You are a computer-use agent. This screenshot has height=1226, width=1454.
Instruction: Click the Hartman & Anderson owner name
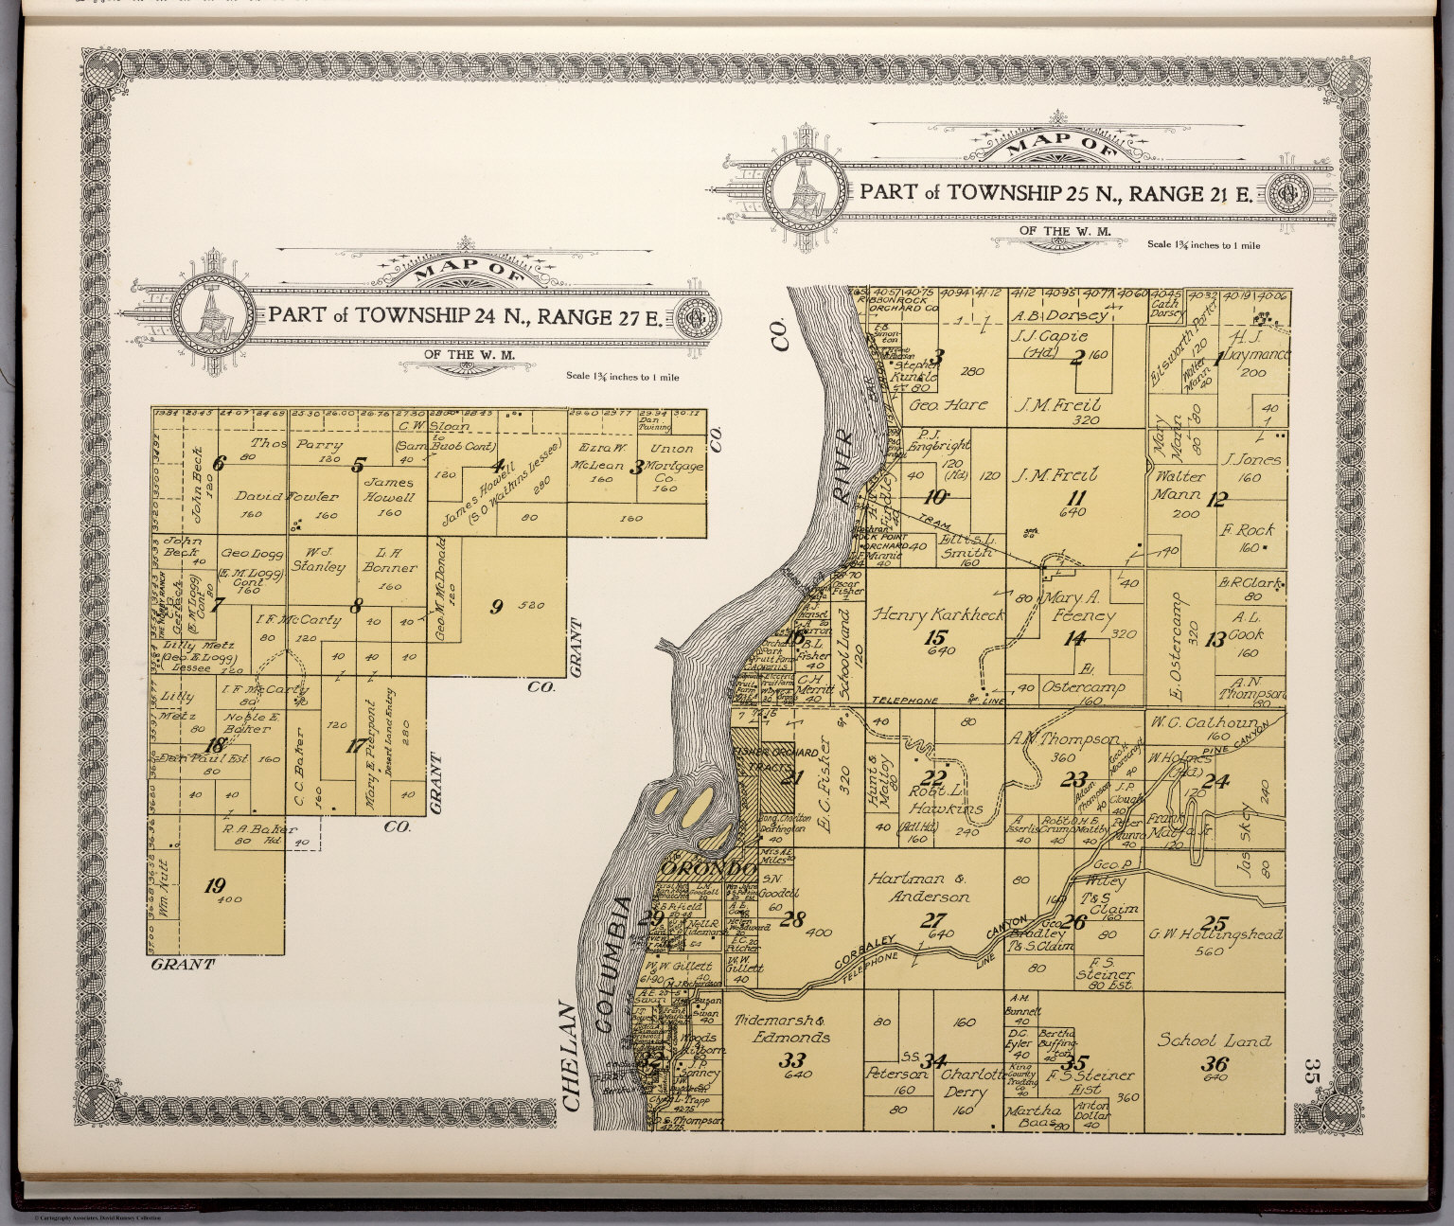[918, 887]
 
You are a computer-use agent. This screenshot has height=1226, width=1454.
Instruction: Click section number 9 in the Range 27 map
[495, 608]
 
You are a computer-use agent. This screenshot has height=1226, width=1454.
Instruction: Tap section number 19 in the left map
[215, 886]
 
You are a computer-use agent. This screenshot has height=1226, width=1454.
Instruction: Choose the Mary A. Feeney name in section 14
[1077, 607]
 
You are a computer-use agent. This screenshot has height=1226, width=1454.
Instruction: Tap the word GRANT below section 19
[182, 965]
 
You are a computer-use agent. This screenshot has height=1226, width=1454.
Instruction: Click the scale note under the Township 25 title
[1203, 245]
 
